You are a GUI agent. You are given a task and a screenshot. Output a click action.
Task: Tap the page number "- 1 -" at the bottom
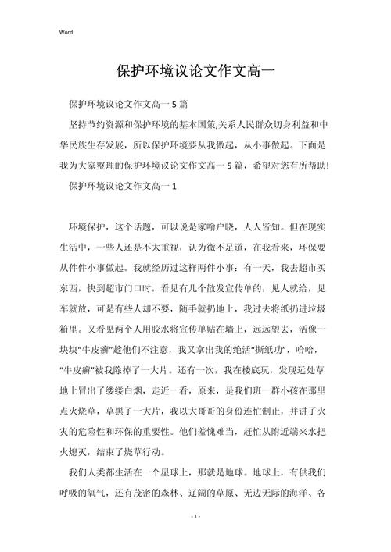[x=195, y=517]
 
